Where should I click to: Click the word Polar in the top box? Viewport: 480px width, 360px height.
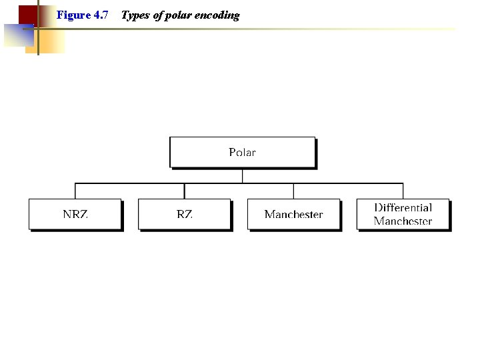(x=242, y=152)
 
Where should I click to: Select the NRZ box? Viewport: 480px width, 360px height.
(x=75, y=214)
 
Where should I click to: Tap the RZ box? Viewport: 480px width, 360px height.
(x=185, y=214)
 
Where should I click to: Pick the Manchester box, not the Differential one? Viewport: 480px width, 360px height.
(x=293, y=214)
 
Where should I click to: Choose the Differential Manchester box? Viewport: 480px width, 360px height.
(x=403, y=214)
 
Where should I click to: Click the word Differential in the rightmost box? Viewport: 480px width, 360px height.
(x=403, y=208)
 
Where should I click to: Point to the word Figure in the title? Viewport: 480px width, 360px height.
(x=73, y=15)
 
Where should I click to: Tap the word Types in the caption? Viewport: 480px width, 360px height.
(x=135, y=15)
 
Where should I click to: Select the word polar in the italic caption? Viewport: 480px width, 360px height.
(x=179, y=15)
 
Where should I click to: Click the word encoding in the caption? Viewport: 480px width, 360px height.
(x=217, y=15)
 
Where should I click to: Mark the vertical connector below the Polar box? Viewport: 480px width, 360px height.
(x=242, y=175)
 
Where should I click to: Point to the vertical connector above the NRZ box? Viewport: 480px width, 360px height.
(x=75, y=191)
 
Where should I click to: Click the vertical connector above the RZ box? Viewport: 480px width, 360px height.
(x=185, y=191)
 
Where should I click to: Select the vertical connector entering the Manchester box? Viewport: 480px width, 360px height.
(x=293, y=191)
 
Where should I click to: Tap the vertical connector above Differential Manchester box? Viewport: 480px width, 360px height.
(x=403, y=191)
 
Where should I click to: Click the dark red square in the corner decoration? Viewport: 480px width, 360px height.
(x=27, y=13)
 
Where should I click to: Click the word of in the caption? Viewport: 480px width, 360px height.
(x=158, y=15)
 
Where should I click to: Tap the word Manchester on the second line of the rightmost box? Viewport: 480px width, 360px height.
(x=403, y=221)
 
